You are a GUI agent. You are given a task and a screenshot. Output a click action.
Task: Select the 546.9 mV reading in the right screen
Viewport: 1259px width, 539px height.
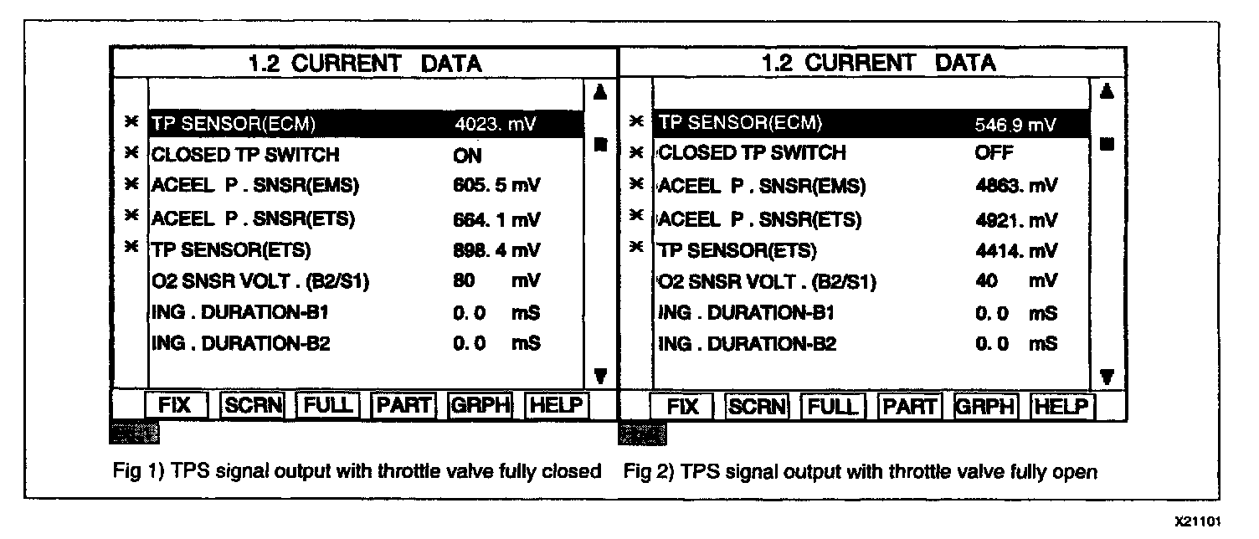click(x=1015, y=125)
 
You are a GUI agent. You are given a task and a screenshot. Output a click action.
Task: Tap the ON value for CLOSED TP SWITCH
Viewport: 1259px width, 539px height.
click(x=468, y=155)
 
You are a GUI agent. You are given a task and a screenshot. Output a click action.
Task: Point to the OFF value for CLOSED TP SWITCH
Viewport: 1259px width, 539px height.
click(x=994, y=153)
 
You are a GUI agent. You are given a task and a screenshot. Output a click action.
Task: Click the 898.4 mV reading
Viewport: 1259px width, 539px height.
click(x=496, y=249)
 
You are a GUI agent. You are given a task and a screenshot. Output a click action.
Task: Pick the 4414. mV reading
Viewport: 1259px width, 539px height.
click(x=1015, y=249)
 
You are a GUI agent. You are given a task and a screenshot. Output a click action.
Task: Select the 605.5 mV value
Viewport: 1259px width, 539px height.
click(x=496, y=186)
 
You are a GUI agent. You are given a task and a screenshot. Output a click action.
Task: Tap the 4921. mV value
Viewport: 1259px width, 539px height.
click(x=1015, y=219)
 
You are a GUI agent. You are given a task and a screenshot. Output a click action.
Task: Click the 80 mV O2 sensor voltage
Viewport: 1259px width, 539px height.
click(x=496, y=281)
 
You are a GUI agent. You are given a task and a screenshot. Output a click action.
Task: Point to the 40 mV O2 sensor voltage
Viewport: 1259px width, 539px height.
click(x=1015, y=281)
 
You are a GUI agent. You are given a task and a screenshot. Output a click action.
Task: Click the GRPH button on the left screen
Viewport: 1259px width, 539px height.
click(x=480, y=405)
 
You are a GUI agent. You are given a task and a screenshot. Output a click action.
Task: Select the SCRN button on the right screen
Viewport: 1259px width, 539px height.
click(x=758, y=407)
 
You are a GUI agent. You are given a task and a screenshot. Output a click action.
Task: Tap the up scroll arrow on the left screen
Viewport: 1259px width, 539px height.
click(x=599, y=91)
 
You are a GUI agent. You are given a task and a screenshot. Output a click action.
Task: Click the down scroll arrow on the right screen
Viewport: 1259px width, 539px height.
click(x=1107, y=376)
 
